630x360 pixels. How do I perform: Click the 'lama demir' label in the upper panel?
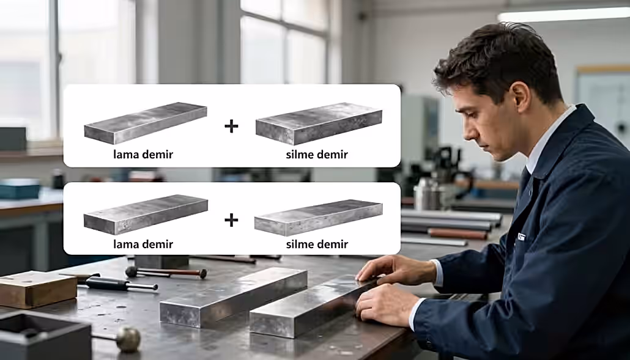point(143,154)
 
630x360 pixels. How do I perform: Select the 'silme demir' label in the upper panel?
point(317,154)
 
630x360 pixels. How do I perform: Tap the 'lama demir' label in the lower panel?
point(143,244)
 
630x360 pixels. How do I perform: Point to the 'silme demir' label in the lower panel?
point(317,244)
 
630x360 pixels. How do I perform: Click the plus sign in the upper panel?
point(231,126)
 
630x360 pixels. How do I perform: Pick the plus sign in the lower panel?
point(231,220)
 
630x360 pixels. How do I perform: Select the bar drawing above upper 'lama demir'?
point(146,123)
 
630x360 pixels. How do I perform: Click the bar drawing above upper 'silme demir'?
point(319,123)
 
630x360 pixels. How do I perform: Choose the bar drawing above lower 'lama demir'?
point(146,215)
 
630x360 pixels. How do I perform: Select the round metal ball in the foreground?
point(128,340)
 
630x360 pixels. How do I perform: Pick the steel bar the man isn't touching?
point(234,296)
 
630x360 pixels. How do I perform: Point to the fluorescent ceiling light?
point(563,15)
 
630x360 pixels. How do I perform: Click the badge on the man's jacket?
point(521,237)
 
